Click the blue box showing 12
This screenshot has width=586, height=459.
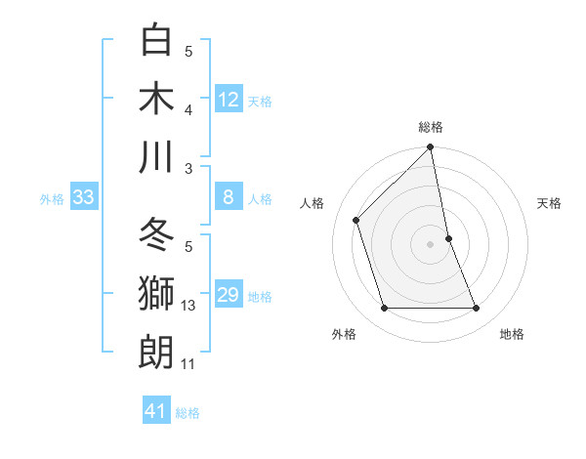point(229,99)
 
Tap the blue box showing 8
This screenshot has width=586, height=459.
point(229,198)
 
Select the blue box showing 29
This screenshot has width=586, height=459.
point(229,296)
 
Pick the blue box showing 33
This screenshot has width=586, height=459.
point(84,198)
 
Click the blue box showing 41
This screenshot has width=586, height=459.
point(156,411)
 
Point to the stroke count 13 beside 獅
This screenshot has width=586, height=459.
point(188,306)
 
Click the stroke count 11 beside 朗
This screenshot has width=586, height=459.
point(188,364)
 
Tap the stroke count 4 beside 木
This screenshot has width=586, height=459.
point(188,110)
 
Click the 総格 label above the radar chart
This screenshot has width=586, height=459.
point(431,127)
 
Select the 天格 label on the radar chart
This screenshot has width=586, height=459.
point(550,203)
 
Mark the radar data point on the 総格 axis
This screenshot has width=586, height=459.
point(431,148)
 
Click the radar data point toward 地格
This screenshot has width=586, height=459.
point(477,309)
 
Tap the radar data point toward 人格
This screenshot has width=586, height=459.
point(356,220)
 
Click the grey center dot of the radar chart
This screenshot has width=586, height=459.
point(431,244)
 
